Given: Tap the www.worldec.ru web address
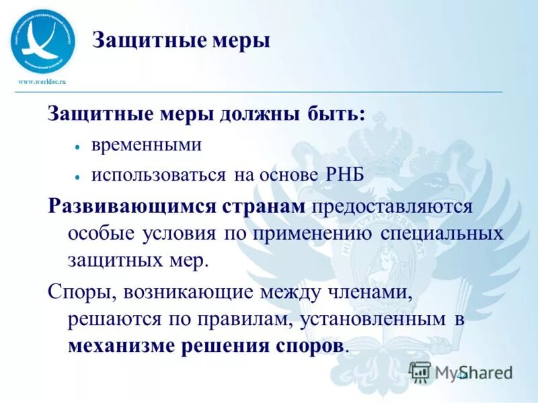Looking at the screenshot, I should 42,82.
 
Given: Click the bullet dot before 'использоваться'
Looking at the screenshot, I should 78,176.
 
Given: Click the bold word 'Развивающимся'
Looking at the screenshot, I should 131,206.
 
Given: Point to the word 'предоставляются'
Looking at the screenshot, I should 391,206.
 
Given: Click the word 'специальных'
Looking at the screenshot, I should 443,233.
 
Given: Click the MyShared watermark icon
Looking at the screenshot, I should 420,371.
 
